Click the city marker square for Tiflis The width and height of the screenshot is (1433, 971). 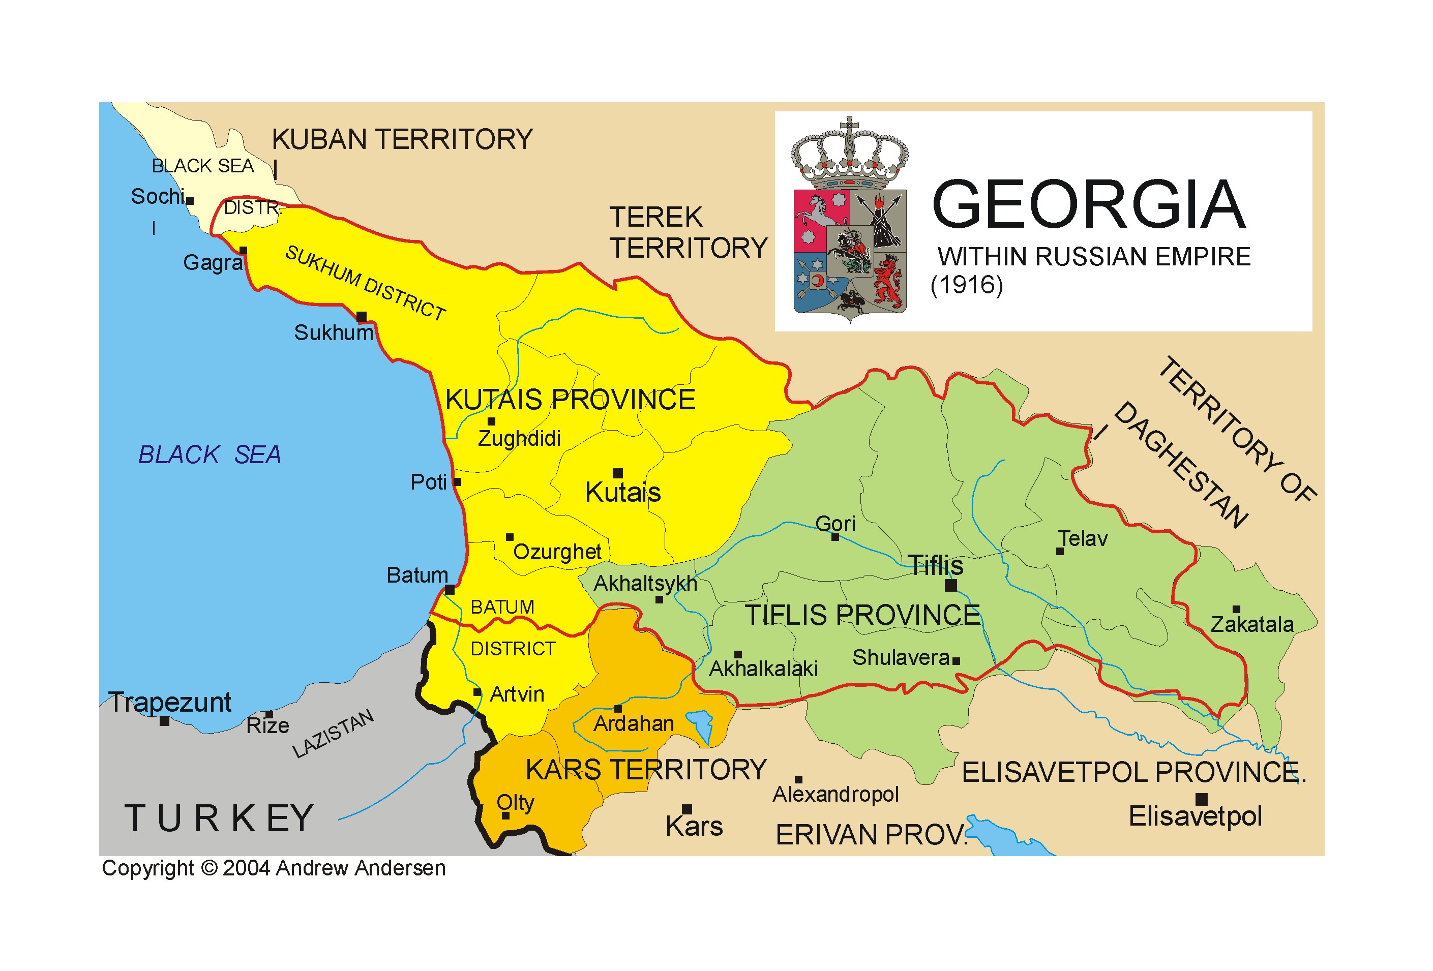coord(950,585)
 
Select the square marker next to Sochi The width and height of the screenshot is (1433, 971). coord(190,201)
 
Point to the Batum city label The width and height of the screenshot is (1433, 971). coord(417,574)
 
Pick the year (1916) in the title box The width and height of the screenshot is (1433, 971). coord(966,285)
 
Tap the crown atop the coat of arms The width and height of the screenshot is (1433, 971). coord(849,154)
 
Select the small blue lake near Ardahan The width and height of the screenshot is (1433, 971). coord(701,723)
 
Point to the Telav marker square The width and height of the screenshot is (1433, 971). coord(1059,551)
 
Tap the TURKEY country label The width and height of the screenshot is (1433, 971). coord(219,818)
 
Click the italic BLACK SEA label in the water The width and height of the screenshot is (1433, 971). coord(210,454)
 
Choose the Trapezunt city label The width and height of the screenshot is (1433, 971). coord(169,702)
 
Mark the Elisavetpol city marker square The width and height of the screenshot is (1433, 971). coord(1201,800)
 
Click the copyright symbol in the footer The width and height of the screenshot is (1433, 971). coord(210,868)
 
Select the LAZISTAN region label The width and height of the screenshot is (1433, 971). coord(333,733)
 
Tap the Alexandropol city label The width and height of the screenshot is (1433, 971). coord(835,794)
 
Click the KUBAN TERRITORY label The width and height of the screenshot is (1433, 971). coord(402,139)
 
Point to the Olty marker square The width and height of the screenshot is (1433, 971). coord(505,815)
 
